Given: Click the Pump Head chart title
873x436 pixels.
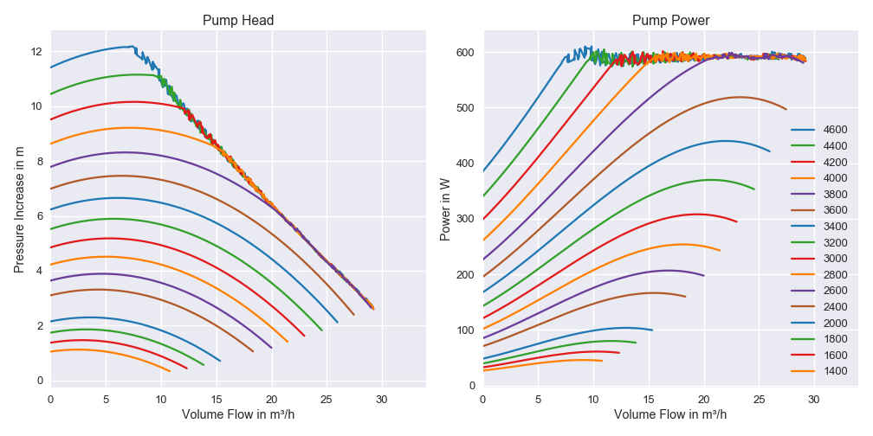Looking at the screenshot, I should coord(237,21).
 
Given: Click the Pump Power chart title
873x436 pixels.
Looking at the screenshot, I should coord(669,21).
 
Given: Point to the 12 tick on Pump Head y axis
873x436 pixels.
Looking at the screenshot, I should coord(36,52).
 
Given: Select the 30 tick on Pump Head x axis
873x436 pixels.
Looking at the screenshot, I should coord(382,399).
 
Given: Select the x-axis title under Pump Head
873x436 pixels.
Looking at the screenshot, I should coord(237,415).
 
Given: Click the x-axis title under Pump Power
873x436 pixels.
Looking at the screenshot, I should coord(669,415).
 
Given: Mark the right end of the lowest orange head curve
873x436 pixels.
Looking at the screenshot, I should coord(170,370).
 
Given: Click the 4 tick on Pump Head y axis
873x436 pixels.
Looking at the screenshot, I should coord(36,271).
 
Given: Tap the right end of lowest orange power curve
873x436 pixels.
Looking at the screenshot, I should coord(602,361).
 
